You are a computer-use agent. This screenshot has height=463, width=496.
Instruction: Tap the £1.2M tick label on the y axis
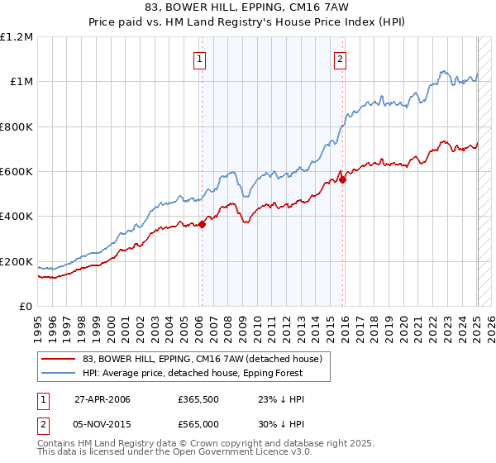click(17, 37)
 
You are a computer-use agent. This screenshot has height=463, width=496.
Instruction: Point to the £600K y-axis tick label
click(17, 172)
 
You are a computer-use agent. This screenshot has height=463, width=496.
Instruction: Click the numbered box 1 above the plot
click(201, 58)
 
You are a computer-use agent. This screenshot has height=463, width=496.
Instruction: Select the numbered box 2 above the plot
click(341, 58)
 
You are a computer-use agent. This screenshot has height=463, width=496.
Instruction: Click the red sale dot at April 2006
click(203, 223)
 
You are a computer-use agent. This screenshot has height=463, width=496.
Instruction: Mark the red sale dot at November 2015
click(343, 179)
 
